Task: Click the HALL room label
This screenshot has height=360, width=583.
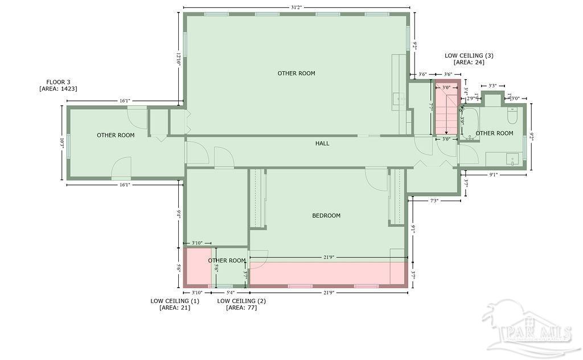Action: pyautogui.click(x=322, y=144)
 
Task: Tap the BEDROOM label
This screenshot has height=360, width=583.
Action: pyautogui.click(x=326, y=215)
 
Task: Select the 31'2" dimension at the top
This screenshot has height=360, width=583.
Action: pyautogui.click(x=295, y=7)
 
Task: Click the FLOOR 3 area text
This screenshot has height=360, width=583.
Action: pyautogui.click(x=58, y=85)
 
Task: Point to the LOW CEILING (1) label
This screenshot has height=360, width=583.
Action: pyautogui.click(x=175, y=304)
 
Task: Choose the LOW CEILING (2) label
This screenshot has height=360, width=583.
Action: pyautogui.click(x=241, y=304)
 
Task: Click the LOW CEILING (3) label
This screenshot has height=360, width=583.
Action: pyautogui.click(x=469, y=59)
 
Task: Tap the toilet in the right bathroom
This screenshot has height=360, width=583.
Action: pyautogui.click(x=511, y=117)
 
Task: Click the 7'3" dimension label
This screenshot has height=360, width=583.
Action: pyautogui.click(x=434, y=201)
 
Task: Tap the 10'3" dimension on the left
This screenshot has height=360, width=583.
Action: pyautogui.click(x=61, y=142)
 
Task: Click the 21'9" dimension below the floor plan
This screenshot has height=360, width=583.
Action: pyautogui.click(x=329, y=293)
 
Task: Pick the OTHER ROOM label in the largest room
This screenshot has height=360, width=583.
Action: pyautogui.click(x=296, y=73)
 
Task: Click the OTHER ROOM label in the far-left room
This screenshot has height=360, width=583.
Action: pyautogui.click(x=116, y=135)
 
